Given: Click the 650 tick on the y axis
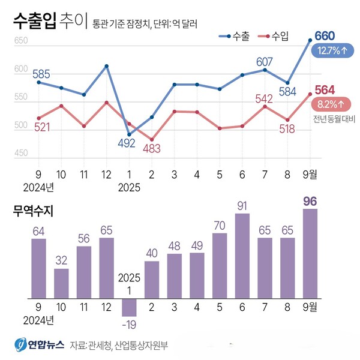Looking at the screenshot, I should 21,41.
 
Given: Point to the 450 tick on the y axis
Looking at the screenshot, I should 21,154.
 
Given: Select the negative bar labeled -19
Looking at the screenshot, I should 129,307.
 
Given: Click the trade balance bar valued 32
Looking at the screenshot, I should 61,283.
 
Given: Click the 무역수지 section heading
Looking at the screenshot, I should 34,211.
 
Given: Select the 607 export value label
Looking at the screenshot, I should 265,61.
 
